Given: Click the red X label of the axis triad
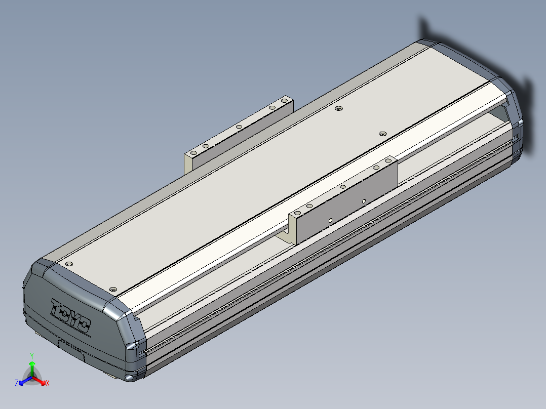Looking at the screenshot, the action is [48, 383].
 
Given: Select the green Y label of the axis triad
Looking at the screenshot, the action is [32, 356].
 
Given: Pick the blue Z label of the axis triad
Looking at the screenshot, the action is [17, 383].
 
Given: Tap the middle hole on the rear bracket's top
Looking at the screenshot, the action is [239, 127].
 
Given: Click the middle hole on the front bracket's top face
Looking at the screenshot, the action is [343, 187].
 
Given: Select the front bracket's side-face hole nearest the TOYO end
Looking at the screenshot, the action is [330, 220].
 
